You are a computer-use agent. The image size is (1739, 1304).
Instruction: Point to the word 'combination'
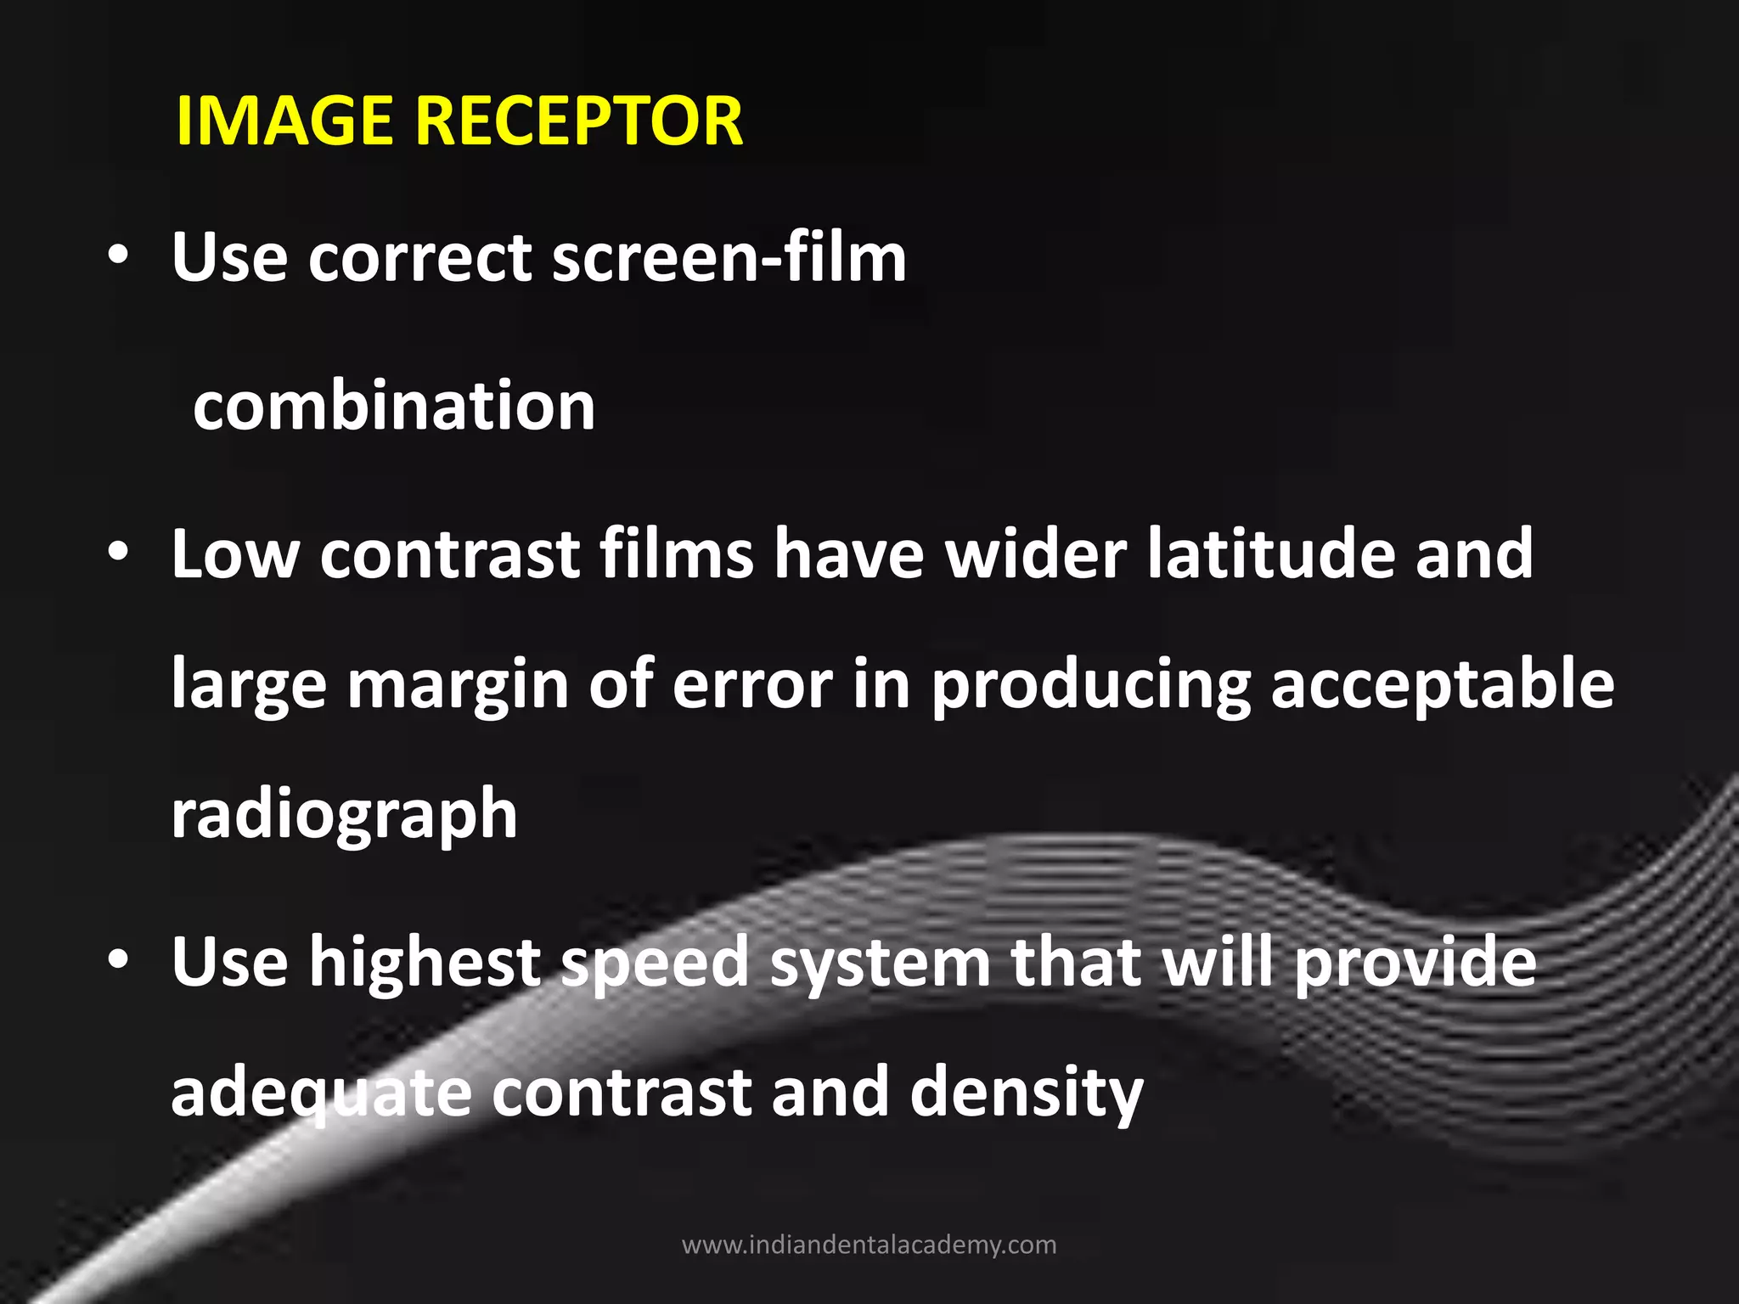point(394,406)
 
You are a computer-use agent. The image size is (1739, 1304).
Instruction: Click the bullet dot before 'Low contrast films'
point(119,554)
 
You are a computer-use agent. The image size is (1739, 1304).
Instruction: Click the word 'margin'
point(459,686)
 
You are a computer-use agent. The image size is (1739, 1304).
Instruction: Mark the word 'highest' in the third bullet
point(425,962)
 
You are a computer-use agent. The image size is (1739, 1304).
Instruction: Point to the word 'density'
point(1027,1093)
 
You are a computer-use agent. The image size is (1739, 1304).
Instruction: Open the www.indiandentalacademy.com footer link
point(869,1245)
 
